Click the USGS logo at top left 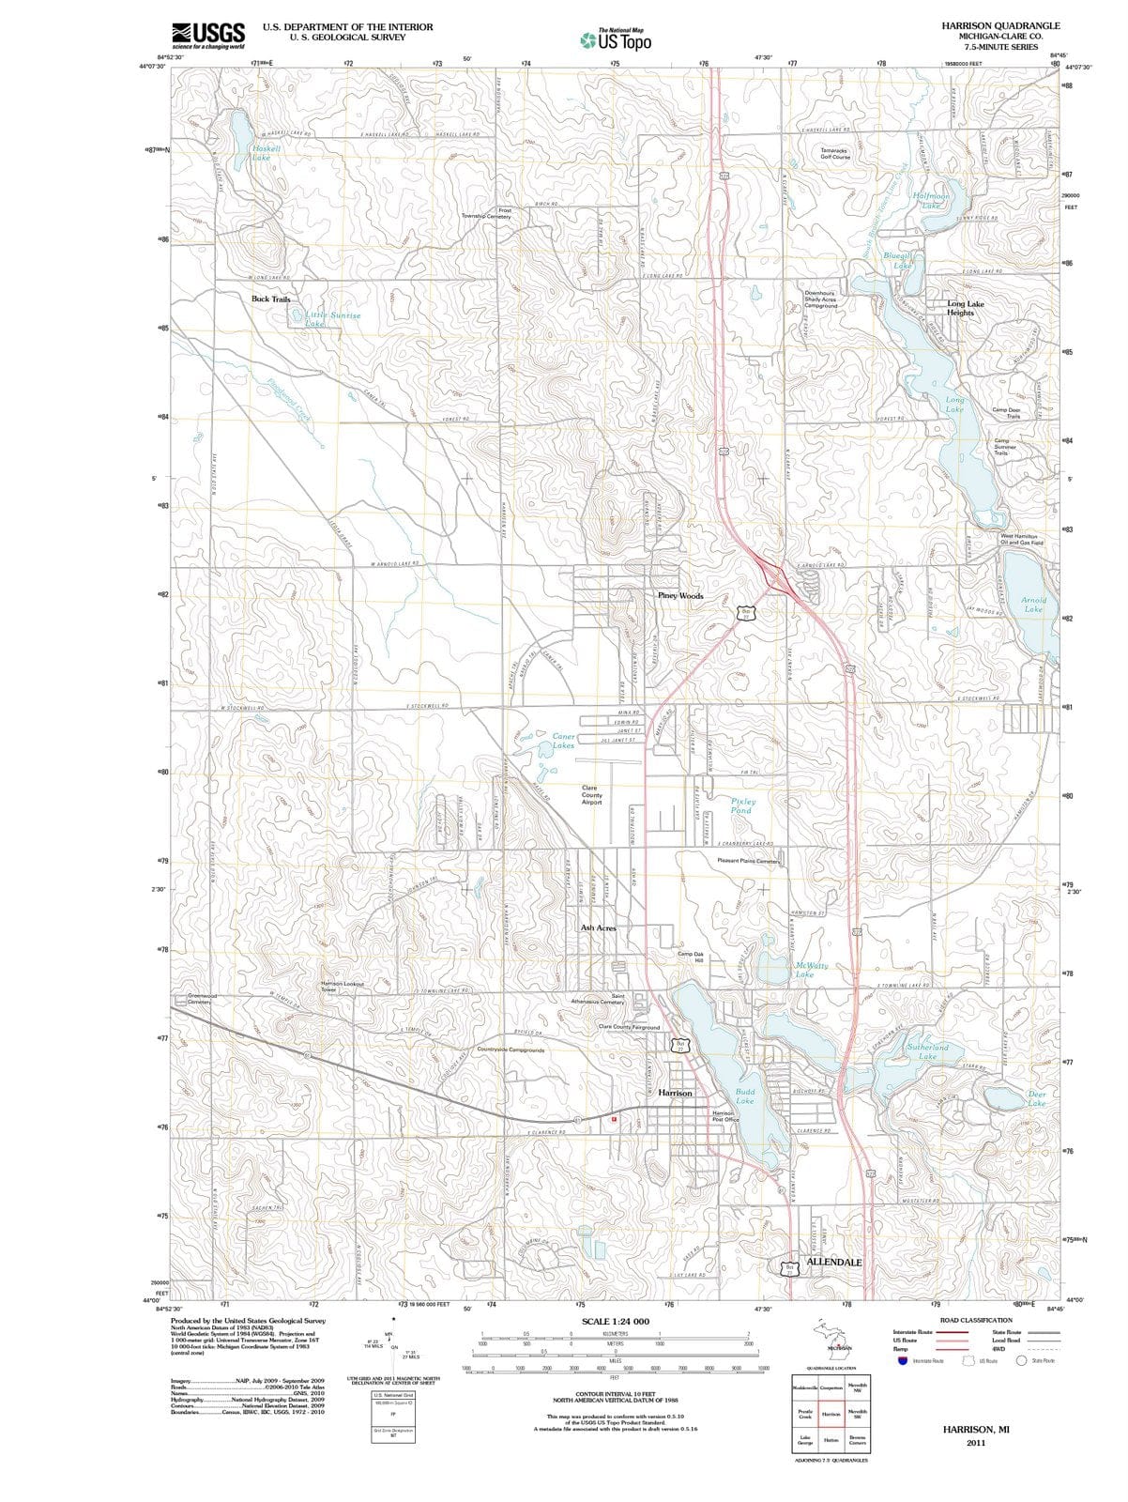coord(208,35)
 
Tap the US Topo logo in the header coord(615,40)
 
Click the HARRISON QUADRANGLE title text coord(1000,26)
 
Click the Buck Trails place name coord(271,299)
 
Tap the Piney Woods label coord(680,596)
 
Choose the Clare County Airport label coord(592,795)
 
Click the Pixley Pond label coord(742,805)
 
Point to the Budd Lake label coord(745,1096)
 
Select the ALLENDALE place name coord(834,1262)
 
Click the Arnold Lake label coord(1033,605)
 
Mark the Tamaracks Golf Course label coord(835,153)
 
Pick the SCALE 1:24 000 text coord(616,1321)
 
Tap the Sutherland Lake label coord(927,1050)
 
